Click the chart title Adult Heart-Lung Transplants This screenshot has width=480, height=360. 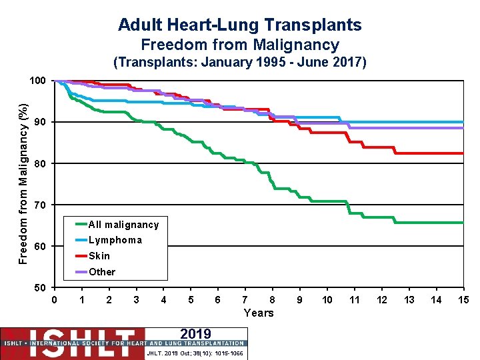click(240, 25)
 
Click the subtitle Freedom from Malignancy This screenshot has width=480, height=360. click(240, 45)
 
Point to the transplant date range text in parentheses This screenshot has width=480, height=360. click(240, 63)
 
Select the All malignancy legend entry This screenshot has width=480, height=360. click(123, 225)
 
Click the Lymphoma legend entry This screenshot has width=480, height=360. click(115, 240)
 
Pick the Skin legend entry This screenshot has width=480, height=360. click(99, 256)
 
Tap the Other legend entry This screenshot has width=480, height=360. click(101, 272)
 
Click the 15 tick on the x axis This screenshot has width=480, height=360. click(463, 300)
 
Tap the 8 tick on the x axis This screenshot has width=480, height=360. click(272, 300)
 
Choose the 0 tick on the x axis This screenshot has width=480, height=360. click(54, 300)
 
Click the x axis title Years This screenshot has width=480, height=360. click(259, 313)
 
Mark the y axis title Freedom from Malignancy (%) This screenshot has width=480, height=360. click(23, 183)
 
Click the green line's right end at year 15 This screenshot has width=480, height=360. click(462, 223)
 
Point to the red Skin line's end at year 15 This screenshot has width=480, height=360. click(462, 153)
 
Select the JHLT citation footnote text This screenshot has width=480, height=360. click(195, 353)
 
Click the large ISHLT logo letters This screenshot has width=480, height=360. click(73, 337)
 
